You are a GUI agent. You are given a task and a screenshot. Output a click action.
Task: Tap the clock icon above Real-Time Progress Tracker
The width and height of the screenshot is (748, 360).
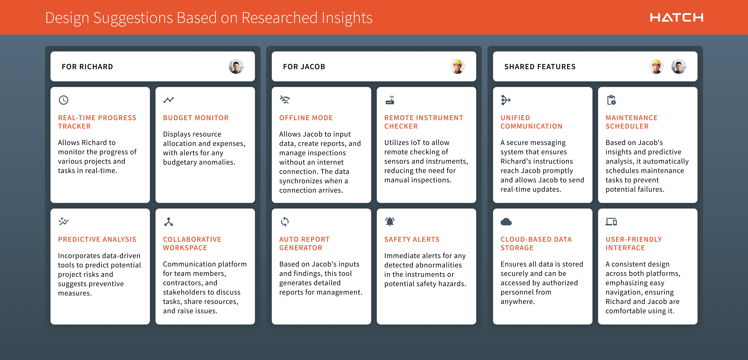(64, 100)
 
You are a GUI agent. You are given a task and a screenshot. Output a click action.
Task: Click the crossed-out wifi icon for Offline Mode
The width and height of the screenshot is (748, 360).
(285, 100)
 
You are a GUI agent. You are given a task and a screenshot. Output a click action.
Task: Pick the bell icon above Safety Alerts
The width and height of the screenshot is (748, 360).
(390, 221)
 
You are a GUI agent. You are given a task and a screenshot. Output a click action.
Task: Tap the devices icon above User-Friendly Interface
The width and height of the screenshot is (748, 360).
(611, 222)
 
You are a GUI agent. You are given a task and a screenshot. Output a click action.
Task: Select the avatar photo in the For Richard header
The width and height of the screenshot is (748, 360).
(236, 67)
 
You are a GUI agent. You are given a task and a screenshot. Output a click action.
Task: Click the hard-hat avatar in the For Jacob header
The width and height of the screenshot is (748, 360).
(457, 67)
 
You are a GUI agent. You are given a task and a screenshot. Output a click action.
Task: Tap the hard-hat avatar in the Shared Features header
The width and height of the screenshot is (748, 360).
(656, 67)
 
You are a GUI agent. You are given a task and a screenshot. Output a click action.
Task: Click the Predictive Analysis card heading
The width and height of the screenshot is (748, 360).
(97, 240)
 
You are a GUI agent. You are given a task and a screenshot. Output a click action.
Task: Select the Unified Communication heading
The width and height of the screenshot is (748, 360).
(531, 122)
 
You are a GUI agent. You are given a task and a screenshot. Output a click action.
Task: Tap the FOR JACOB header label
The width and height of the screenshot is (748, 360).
(304, 67)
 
